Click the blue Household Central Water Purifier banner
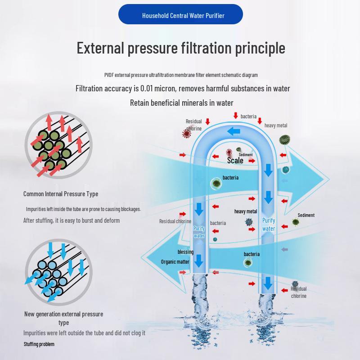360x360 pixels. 180,15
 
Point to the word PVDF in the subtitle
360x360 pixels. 109,75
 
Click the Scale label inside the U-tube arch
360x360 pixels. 235,161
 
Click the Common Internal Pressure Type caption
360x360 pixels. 61,194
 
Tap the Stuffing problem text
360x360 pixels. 39,344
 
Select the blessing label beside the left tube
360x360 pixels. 185,252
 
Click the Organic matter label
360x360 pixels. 175,262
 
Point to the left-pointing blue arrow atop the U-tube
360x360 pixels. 233,131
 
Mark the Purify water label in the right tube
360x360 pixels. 269,225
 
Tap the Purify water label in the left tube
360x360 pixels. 199,232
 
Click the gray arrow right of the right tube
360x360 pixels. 283,249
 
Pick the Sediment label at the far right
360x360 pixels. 306,215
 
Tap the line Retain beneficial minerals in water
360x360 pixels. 182,103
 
